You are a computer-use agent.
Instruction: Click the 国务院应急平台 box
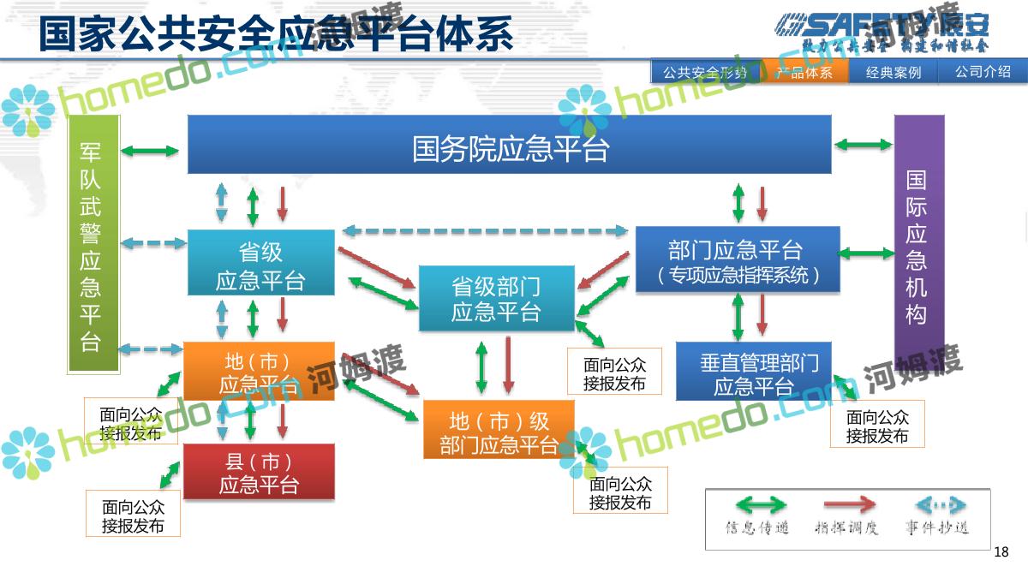tap(510, 145)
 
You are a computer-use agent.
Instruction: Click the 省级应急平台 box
tap(260, 264)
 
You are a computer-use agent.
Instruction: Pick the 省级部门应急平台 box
tap(496, 298)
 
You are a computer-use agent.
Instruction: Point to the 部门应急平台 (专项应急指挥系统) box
tap(737, 259)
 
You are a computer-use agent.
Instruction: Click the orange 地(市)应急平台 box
tap(259, 372)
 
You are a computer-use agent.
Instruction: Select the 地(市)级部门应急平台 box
tap(499, 431)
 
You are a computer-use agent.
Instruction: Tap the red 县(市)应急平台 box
tap(259, 472)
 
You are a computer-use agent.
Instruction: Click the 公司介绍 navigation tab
tap(983, 72)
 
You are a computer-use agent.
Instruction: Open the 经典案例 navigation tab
tap(894, 72)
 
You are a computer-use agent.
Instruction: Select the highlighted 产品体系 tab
tap(804, 72)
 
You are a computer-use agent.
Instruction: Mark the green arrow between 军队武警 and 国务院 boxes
tap(150, 152)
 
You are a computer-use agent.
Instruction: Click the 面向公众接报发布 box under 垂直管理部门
tap(877, 426)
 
